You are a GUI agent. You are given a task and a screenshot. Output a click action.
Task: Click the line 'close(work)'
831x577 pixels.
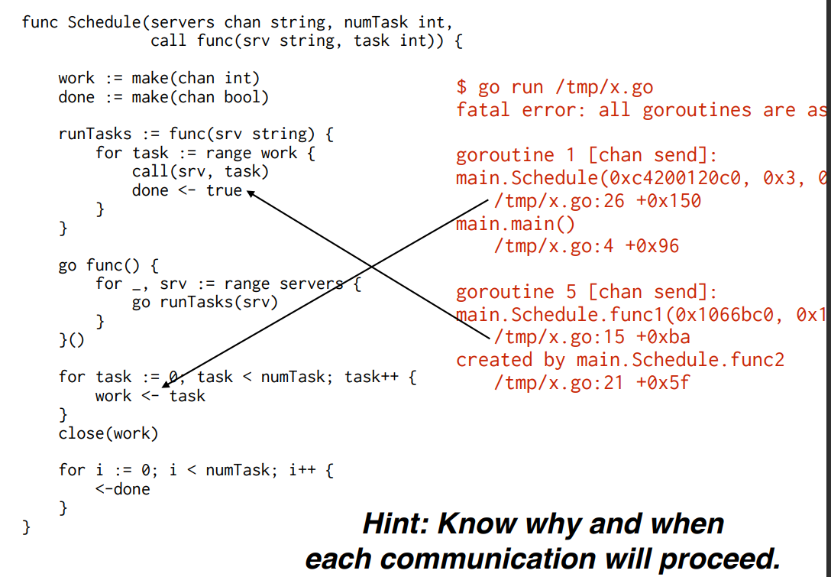[x=108, y=433]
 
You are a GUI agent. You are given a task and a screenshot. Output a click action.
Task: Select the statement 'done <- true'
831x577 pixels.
[x=186, y=190]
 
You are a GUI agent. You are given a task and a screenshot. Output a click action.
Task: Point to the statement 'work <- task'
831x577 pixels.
[x=150, y=396]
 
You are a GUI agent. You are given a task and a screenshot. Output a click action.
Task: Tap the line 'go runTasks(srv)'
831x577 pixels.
[x=205, y=302]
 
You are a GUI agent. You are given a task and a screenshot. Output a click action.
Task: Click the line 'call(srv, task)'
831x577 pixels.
[x=200, y=171]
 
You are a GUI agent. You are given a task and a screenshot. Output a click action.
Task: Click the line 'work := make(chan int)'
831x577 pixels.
[x=159, y=78]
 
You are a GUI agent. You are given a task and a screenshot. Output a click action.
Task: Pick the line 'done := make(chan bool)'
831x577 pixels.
[x=163, y=97]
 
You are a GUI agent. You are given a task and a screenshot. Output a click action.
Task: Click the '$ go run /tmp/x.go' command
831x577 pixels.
[x=555, y=87]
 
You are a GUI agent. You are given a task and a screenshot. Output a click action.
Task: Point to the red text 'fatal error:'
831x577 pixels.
[x=510, y=110]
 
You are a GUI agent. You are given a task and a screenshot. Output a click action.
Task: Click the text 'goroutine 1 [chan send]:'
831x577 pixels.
[x=587, y=155]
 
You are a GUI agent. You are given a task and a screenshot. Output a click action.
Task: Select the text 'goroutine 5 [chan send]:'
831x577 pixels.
[x=587, y=291]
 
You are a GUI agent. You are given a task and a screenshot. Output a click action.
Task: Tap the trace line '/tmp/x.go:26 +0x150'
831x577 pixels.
[x=597, y=201]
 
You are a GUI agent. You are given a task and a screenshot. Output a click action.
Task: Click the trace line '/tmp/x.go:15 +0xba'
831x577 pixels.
[x=592, y=336]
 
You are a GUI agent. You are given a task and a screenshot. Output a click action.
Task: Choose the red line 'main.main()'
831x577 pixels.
[x=516, y=224]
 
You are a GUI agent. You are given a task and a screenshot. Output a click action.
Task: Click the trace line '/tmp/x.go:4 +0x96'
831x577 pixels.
[x=586, y=246]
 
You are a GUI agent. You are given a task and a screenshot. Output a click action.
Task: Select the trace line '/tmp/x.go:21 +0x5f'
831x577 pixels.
[x=592, y=381]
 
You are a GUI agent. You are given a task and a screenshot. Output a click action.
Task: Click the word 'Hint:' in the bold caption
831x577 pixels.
[x=394, y=524]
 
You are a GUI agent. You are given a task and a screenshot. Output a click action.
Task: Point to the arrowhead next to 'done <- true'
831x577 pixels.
[x=250, y=193]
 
